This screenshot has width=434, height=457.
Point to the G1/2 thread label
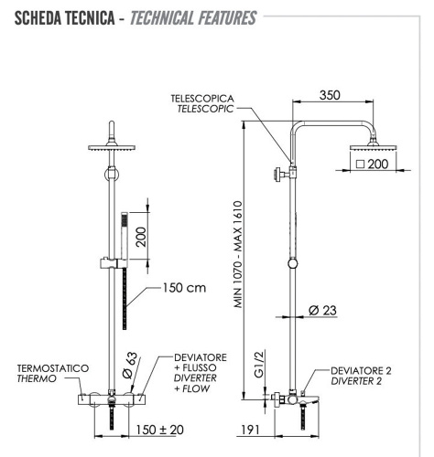[259, 366]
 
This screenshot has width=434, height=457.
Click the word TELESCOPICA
[201, 97]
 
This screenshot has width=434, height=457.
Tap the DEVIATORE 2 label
[363, 370]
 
